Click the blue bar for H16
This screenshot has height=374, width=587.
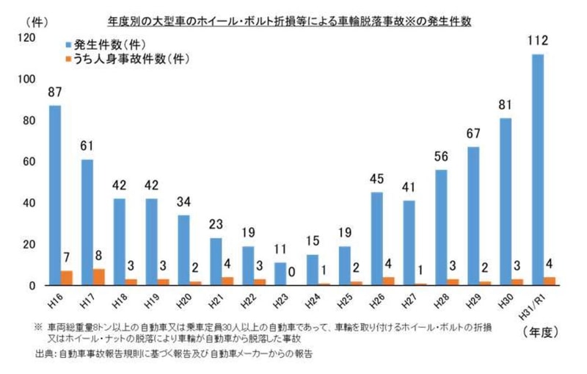(55, 195)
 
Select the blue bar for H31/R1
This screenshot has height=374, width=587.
(538, 170)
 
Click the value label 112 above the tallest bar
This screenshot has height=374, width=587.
(538, 41)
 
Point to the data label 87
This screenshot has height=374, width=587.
(55, 93)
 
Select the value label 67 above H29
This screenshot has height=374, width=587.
(473, 134)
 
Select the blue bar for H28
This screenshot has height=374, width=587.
(441, 228)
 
